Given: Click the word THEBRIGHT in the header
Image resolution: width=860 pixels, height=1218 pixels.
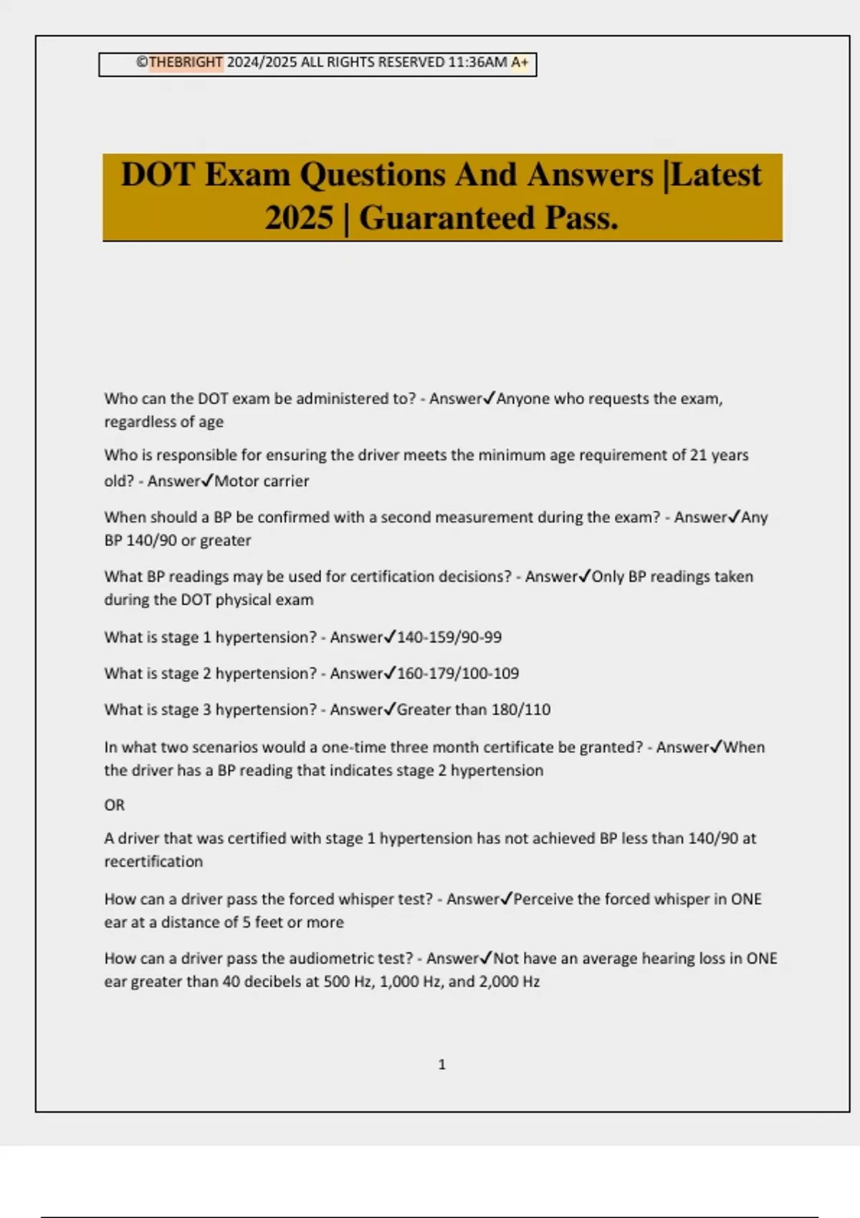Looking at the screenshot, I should coord(186,62).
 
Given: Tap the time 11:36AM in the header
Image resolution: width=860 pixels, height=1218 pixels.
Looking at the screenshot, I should coord(477,62).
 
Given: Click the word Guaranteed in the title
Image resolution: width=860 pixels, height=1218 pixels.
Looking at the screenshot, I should coord(447,218).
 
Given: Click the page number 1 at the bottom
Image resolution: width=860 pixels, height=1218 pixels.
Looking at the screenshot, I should coord(441,1065).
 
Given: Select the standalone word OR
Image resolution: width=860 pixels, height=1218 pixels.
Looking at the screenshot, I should coord(115,805).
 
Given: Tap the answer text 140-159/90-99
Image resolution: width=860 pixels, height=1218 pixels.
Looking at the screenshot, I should coord(449,637).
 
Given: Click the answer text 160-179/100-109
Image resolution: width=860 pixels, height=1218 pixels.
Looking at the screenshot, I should coord(458,673).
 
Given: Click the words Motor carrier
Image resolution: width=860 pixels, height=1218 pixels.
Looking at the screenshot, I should coord(262,481).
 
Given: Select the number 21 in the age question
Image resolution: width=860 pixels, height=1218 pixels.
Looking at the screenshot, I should coord(698,456).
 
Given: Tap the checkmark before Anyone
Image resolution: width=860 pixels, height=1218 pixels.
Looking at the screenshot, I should coord(489,398).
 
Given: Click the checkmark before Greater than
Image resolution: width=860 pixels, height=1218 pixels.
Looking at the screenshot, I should coord(390,709).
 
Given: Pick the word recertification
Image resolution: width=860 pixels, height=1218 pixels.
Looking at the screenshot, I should coord(153,862).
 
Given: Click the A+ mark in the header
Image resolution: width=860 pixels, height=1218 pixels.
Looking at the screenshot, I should coord(520,62).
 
